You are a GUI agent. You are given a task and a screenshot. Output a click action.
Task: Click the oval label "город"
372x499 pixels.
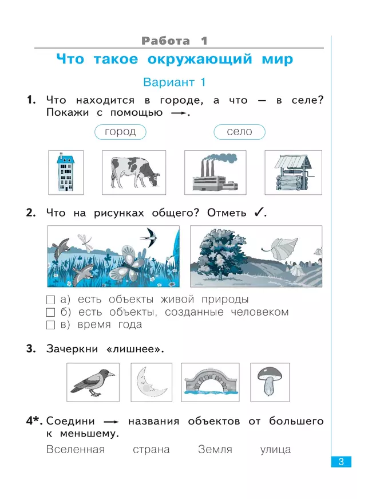120,132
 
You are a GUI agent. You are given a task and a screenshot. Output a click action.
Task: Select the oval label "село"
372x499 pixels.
239,132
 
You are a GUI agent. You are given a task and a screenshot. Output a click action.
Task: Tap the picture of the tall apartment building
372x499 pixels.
66,172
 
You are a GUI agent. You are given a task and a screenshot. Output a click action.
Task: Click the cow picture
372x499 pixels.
133,172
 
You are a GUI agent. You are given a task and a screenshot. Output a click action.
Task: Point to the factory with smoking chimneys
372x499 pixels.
215,172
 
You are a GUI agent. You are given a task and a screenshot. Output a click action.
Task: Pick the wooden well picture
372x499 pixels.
292,172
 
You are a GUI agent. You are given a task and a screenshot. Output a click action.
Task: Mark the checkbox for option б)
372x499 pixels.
50,313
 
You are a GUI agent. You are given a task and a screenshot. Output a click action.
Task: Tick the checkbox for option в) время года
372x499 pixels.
50,325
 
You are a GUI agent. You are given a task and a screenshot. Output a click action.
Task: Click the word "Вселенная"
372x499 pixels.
76,450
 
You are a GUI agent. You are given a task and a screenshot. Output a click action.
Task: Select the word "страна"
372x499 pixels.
151,450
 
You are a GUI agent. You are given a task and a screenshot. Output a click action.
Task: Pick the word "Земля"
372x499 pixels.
215,450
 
